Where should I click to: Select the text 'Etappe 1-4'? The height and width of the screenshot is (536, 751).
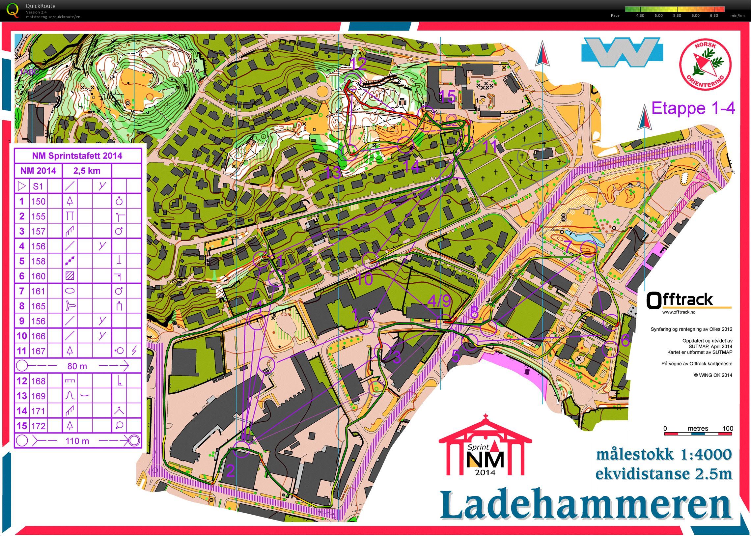tap(693, 108)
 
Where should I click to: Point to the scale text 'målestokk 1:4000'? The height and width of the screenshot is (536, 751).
tap(664, 455)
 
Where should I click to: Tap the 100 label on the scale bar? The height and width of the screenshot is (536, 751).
tap(728, 428)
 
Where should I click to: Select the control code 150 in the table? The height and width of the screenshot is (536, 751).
tap(38, 201)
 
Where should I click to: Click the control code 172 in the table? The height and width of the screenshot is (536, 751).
tap(38, 426)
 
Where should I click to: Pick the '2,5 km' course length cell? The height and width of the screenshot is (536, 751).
tap(87, 171)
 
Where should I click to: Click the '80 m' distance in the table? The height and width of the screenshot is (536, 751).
tap(77, 366)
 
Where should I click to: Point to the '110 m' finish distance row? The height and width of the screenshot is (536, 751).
tap(77, 440)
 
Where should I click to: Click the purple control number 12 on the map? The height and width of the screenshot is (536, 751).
tap(359, 63)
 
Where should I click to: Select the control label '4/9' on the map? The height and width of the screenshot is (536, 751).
tap(439, 301)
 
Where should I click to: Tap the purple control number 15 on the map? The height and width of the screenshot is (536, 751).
tap(447, 96)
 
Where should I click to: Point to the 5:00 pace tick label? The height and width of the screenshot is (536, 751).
tap(658, 15)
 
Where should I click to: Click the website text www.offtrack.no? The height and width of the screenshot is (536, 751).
tap(679, 312)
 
